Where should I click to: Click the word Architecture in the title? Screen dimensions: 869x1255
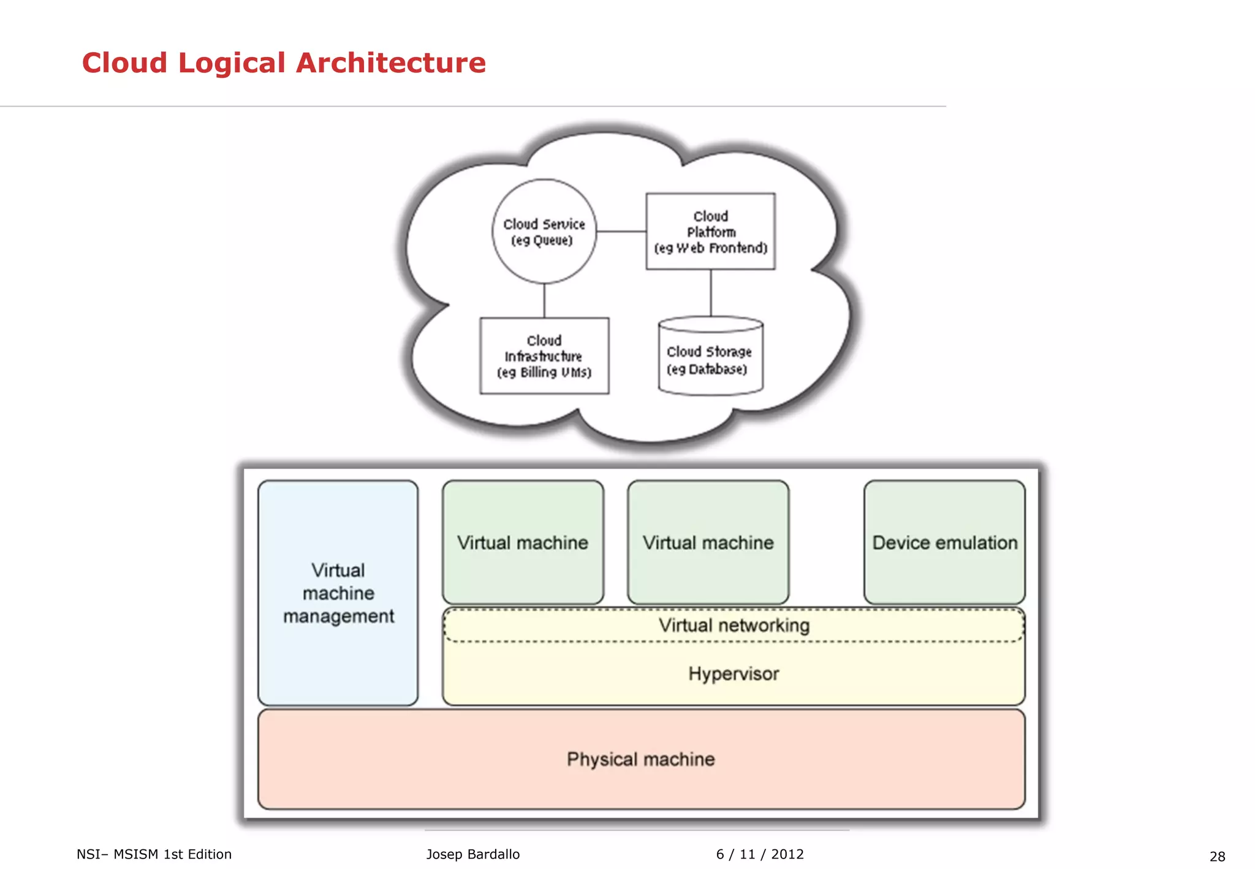point(390,63)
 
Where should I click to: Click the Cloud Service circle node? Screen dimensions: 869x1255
point(544,232)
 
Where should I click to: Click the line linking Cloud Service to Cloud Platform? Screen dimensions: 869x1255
point(621,232)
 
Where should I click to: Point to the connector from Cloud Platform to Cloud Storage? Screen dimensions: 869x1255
point(711,293)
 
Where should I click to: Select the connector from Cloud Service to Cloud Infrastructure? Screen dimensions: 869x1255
point(544,300)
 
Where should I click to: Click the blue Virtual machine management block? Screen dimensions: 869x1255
point(338,593)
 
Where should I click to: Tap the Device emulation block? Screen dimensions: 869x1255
point(944,543)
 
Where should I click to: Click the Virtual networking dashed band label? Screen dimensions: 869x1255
point(734,626)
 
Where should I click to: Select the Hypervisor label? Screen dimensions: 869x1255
point(734,674)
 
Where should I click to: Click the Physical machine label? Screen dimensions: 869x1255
point(640,759)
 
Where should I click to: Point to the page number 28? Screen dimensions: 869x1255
point(1217,856)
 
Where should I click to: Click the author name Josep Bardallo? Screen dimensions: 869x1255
point(472,854)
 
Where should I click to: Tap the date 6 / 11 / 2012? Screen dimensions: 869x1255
point(759,854)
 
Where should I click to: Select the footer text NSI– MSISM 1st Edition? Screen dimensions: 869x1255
point(154,854)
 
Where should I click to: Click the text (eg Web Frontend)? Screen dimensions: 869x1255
point(710,248)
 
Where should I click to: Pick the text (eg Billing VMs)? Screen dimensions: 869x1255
point(544,373)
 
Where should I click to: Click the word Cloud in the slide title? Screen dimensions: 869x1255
point(124,63)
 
